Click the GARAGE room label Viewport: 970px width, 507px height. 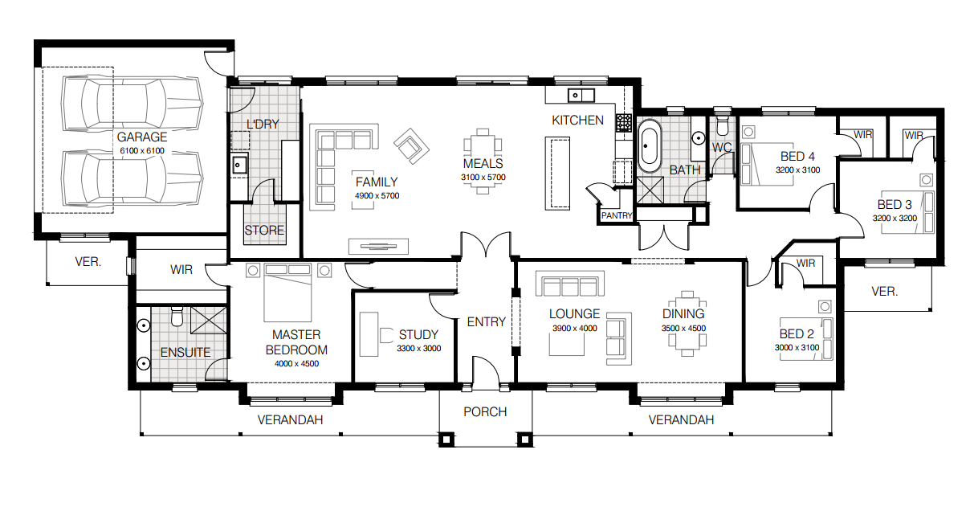pyautogui.click(x=142, y=137)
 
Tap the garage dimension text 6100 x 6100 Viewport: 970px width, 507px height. pyautogui.click(x=142, y=151)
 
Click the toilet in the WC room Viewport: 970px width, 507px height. pyautogui.click(x=722, y=127)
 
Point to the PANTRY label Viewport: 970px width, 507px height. pyautogui.click(x=617, y=215)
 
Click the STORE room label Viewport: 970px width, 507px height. pyautogui.click(x=264, y=231)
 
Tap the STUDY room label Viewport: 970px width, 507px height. pyautogui.click(x=418, y=335)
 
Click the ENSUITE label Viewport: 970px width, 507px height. pyautogui.click(x=185, y=352)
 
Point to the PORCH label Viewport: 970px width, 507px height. pyautogui.click(x=485, y=412)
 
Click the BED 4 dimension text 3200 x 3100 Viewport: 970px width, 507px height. pyautogui.click(x=797, y=170)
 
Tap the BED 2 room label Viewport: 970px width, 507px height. pyautogui.click(x=797, y=334)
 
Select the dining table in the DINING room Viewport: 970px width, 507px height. pyautogui.click(x=685, y=336)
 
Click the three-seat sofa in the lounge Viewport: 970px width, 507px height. pyautogui.click(x=569, y=286)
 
